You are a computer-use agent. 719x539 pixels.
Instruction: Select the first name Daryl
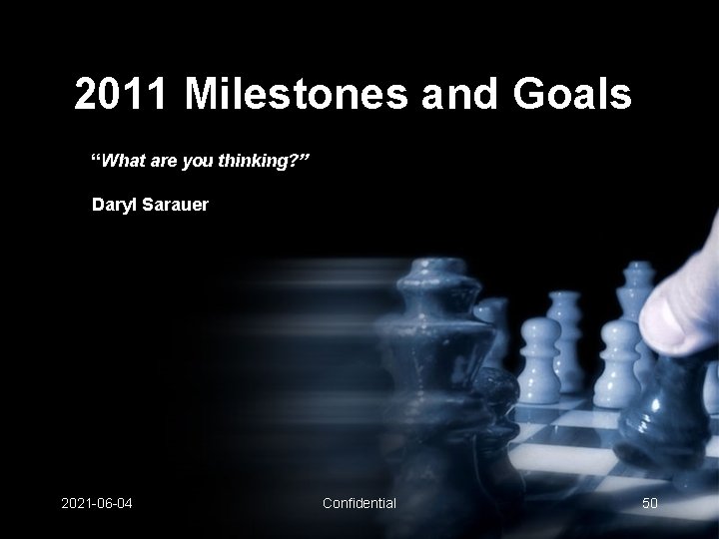[x=113, y=206]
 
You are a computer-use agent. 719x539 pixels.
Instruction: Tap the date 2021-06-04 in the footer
[x=96, y=502]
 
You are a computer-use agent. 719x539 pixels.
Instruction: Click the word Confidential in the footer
[x=359, y=502]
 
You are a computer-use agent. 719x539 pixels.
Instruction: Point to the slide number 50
[x=649, y=502]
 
